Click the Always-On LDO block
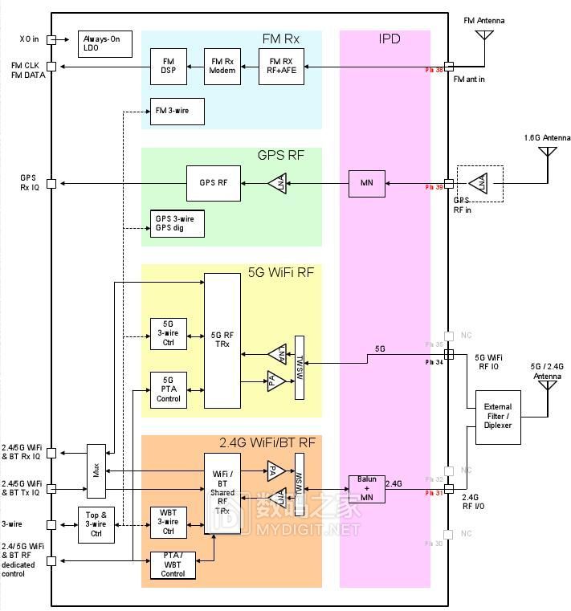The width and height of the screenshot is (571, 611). pyautogui.click(x=104, y=44)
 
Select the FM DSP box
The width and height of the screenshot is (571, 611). pyautogui.click(x=168, y=66)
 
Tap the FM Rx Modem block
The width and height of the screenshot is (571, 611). pyautogui.click(x=222, y=66)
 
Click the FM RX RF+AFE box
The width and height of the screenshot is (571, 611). pyautogui.click(x=281, y=66)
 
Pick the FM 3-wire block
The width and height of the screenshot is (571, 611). pyautogui.click(x=177, y=112)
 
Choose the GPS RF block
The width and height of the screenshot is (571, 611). pyautogui.click(x=213, y=183)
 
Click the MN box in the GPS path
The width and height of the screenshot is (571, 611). pyautogui.click(x=367, y=183)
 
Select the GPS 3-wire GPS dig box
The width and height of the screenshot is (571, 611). pyautogui.click(x=177, y=223)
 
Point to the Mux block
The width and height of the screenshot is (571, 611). pyautogui.click(x=96, y=470)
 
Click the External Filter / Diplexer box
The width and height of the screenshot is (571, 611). pyautogui.click(x=498, y=417)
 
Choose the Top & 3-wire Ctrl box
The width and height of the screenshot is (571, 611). pyautogui.click(x=96, y=525)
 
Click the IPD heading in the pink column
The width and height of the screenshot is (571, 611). pyautogui.click(x=389, y=39)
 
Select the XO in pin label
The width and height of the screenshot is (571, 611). pyautogui.click(x=30, y=39)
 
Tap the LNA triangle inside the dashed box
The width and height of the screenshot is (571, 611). pyautogui.click(x=480, y=184)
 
